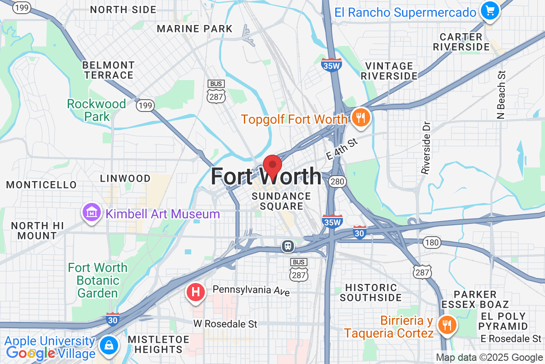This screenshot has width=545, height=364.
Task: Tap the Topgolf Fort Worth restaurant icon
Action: click(x=361, y=118)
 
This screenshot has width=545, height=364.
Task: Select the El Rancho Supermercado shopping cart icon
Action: click(x=490, y=10)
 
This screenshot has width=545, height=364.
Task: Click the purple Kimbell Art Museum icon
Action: click(x=91, y=213)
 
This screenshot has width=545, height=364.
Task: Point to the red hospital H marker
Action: click(x=196, y=292)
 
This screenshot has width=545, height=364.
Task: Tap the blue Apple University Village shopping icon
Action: click(x=109, y=345)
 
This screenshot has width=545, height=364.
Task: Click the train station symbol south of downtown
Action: click(x=288, y=246)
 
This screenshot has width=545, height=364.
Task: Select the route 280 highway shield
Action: click(x=338, y=182)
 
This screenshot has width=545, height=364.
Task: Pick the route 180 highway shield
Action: click(x=431, y=243)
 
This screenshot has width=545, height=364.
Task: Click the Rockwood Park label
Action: click(x=96, y=110)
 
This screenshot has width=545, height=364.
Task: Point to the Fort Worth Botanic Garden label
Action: click(x=97, y=280)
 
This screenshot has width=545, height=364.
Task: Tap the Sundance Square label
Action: click(x=282, y=201)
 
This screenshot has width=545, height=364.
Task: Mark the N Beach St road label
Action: click(x=501, y=95)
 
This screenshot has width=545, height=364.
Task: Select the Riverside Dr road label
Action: click(x=425, y=147)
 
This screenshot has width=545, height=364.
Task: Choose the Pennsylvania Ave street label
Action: click(x=251, y=290)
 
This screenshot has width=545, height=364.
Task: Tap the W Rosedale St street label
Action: click(x=225, y=324)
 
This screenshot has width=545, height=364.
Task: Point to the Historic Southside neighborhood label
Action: click(x=371, y=293)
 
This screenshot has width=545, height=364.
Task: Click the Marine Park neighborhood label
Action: click(x=194, y=29)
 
